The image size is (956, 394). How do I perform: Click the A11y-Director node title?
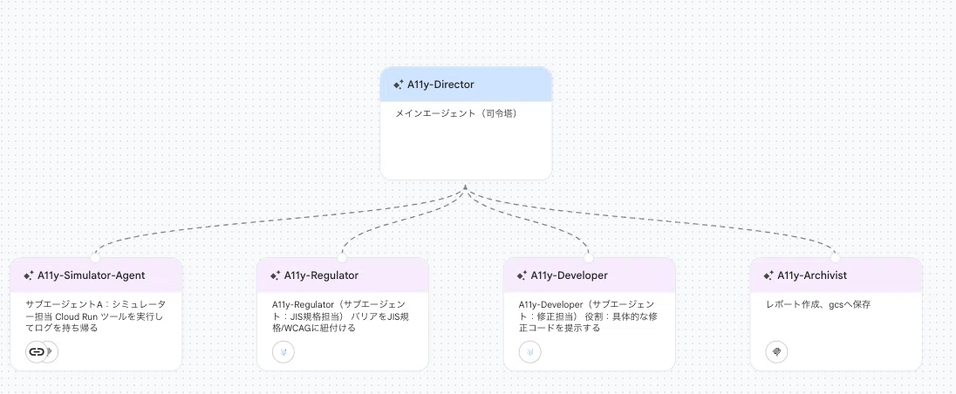point(440,85)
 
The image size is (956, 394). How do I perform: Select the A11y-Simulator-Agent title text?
point(91,275)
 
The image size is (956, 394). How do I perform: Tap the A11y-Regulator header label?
point(321,275)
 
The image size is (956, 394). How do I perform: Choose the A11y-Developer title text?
point(569,275)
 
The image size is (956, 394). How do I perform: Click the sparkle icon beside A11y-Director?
point(398,85)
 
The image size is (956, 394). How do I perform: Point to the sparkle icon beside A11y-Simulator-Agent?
point(28,275)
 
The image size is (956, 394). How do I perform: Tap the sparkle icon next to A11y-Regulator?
point(275,275)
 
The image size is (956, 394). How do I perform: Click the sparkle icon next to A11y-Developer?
point(522,275)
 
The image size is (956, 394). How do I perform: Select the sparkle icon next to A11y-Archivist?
point(768,275)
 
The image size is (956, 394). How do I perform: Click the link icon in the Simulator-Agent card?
point(37,351)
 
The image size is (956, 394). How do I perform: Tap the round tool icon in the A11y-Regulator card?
point(283,351)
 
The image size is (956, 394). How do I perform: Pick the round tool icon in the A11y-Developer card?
point(529,351)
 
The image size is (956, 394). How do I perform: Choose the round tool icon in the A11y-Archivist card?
point(776,351)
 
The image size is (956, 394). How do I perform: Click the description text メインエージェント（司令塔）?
point(456,112)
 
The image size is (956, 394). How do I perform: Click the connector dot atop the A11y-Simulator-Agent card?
point(95,258)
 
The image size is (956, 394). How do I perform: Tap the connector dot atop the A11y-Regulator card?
point(342,258)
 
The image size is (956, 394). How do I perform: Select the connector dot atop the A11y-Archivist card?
point(836,258)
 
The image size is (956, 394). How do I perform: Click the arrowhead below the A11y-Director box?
point(465,187)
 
